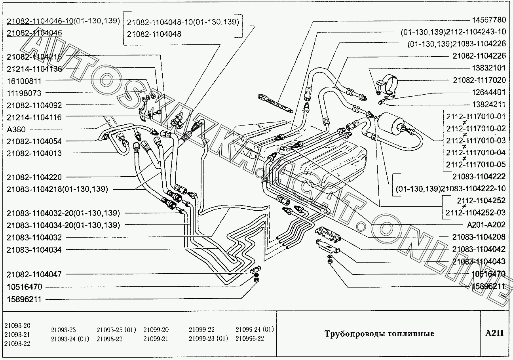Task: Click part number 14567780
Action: point(489,20)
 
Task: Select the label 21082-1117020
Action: point(479,80)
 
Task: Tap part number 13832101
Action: point(489,68)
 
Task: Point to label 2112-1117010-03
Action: point(476,141)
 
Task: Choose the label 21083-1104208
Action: point(479,237)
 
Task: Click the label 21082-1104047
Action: point(34,274)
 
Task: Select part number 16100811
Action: point(24,81)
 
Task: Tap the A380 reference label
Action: point(16,130)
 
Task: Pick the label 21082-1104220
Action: point(34,177)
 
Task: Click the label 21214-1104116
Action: point(34,117)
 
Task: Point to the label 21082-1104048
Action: point(154,34)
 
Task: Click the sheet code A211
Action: point(494,333)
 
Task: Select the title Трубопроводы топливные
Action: point(379,333)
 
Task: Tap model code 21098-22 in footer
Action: point(110,339)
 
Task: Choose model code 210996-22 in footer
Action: point(250,339)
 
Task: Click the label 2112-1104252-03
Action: point(475,213)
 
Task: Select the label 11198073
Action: point(24,93)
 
